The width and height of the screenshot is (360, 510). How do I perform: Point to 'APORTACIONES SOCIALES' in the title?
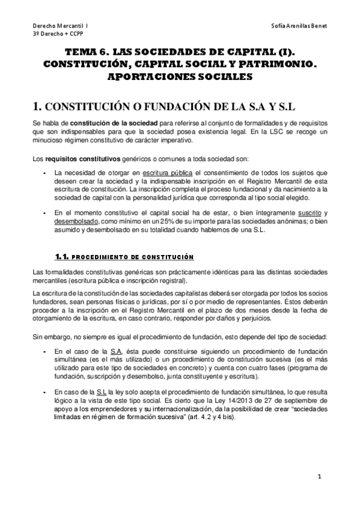coord(180,77)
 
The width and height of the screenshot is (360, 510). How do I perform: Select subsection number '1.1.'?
coord(62,257)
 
